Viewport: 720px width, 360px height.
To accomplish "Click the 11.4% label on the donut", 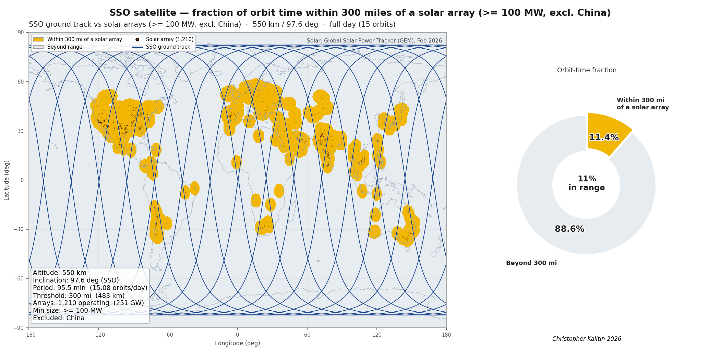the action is pos(604,137).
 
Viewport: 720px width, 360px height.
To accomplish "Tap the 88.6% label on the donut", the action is pos(569,229).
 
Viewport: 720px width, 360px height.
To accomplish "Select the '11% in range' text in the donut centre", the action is pos(587,183).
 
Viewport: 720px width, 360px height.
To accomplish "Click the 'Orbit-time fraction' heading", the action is pos(587,70).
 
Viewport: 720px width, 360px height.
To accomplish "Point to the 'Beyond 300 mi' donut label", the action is pos(531,263).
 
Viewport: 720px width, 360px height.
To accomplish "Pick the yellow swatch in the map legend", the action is pos(38,39).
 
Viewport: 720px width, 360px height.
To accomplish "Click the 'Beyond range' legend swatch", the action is pos(38,47).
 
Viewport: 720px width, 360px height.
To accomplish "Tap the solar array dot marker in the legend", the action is pos(137,39).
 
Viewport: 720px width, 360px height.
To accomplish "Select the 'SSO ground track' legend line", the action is pos(137,47).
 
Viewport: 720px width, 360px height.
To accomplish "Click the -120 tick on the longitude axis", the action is pos(98,335).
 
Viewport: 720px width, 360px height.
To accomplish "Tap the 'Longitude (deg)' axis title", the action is pos(238,343).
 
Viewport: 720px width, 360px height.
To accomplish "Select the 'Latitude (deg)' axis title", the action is pos(7,180).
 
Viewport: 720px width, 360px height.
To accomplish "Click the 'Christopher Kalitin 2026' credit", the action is pos(587,339).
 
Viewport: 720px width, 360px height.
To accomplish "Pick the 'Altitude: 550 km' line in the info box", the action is pos(60,273).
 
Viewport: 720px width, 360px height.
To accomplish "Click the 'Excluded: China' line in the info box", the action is pos(59,318).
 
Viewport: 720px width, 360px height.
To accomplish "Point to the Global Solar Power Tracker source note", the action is pos(374,41).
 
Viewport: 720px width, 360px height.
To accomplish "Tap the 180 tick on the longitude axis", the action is pos(446,335).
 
